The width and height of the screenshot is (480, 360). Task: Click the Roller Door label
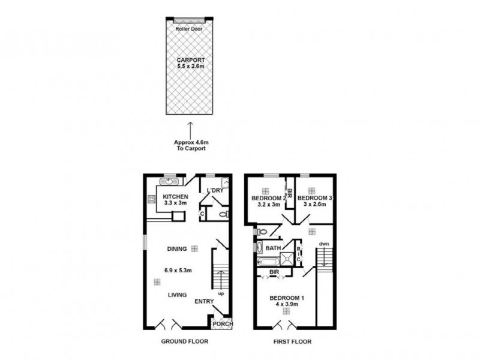(189, 29)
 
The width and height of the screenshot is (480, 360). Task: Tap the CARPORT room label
(190, 60)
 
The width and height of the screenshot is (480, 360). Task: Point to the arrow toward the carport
(190, 131)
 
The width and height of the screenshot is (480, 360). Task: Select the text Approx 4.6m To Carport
(191, 145)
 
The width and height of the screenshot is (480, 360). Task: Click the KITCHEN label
(175, 197)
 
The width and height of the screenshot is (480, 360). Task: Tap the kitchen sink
(169, 182)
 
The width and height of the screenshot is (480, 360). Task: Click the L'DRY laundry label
(215, 190)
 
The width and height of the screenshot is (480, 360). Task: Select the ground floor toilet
(224, 214)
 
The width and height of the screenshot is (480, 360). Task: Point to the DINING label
(177, 249)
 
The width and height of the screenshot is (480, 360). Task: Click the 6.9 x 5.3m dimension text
(178, 271)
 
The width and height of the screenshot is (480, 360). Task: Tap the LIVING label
(177, 295)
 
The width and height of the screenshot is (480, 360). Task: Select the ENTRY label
(204, 302)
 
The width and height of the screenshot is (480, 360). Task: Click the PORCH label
(223, 323)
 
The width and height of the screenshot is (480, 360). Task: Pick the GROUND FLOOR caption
(185, 341)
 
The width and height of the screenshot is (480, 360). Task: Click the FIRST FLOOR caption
(292, 341)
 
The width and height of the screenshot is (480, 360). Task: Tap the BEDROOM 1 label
(287, 298)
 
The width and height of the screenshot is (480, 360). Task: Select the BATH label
(273, 248)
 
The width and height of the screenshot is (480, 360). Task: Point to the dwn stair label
(324, 244)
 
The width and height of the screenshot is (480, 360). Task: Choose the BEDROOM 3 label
(314, 198)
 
